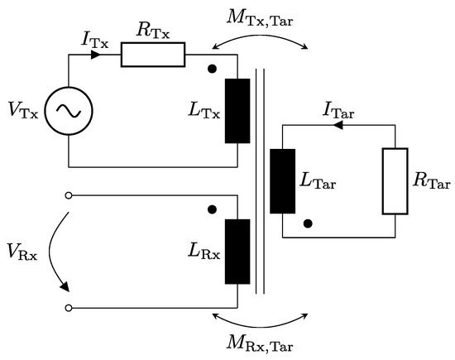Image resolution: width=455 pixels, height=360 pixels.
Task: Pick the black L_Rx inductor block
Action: pos(238,252)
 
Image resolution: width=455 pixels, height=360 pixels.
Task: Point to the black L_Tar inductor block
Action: pos(282,180)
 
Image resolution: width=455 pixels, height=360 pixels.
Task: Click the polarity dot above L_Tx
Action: pos(213,69)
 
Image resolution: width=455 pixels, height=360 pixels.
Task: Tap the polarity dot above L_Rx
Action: pos(213,210)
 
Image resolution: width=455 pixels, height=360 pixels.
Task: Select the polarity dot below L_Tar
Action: pos(307,222)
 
